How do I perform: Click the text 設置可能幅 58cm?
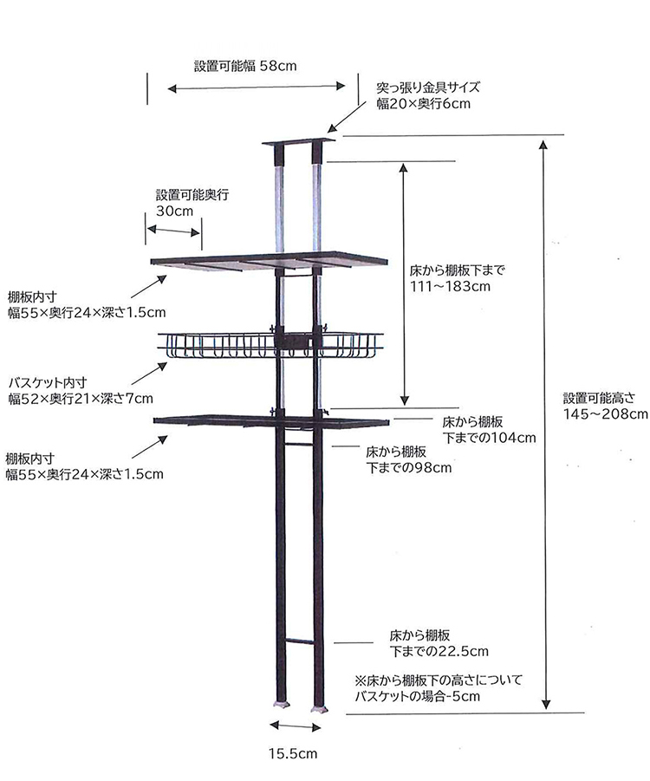tap(245, 66)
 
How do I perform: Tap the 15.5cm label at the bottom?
tap(293, 753)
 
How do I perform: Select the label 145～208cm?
tap(606, 414)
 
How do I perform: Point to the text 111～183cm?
tap(450, 286)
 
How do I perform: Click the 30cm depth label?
tap(174, 211)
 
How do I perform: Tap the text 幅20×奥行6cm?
tap(423, 104)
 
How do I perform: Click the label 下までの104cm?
tap(489, 438)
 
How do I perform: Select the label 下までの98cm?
tap(408, 468)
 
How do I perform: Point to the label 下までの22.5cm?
tap(439, 651)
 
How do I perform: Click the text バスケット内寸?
tap(48, 382)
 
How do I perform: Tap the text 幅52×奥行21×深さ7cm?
tap(81, 399)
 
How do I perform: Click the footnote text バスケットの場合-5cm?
tap(418, 696)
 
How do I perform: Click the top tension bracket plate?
tap(299, 142)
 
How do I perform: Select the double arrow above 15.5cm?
tap(295, 726)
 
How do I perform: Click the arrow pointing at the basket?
tap(149, 374)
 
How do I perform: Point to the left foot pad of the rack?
tap(282, 706)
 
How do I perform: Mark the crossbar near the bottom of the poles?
tap(299, 641)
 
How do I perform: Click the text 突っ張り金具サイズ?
tap(428, 88)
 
